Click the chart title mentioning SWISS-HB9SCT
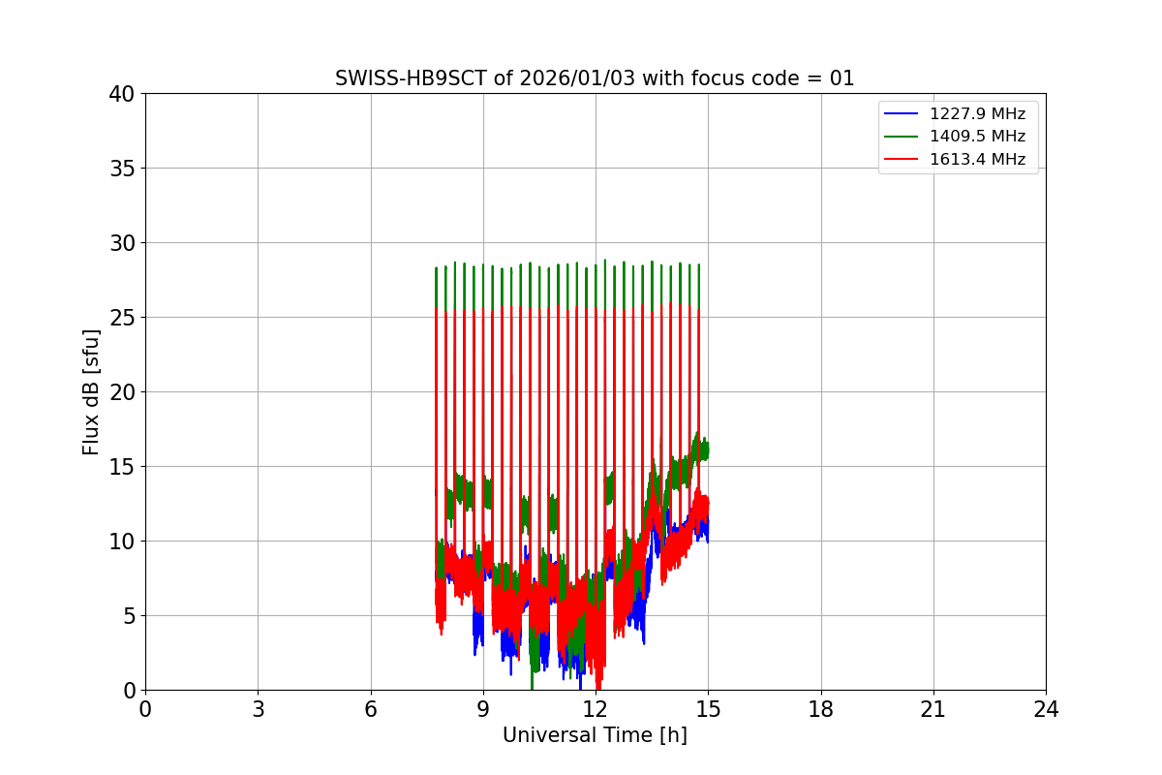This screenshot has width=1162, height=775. click(x=595, y=78)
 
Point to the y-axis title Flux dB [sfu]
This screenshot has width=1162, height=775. click(x=91, y=391)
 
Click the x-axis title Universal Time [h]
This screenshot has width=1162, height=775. click(x=595, y=735)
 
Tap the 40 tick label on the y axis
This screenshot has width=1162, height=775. click(x=122, y=94)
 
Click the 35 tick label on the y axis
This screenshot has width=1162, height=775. click(x=122, y=169)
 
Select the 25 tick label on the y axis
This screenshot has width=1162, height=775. click(x=122, y=318)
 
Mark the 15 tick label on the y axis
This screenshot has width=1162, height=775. click(x=122, y=467)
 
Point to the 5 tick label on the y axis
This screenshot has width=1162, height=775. click(x=128, y=616)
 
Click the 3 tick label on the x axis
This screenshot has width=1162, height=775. click(x=258, y=709)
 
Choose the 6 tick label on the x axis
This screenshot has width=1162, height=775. click(x=370, y=709)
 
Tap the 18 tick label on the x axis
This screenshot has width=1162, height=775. click(x=820, y=709)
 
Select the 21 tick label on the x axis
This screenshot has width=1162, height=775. click(x=933, y=709)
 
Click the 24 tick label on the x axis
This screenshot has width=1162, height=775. click(x=1046, y=709)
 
